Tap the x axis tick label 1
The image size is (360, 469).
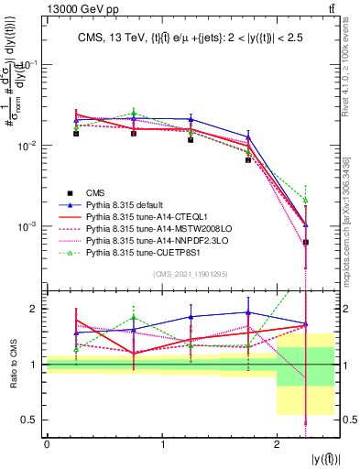pyautogui.click(x=162, y=445)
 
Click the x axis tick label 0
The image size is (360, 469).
pyautogui.click(x=47, y=445)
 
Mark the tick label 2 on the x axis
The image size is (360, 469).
pyautogui.click(x=278, y=445)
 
